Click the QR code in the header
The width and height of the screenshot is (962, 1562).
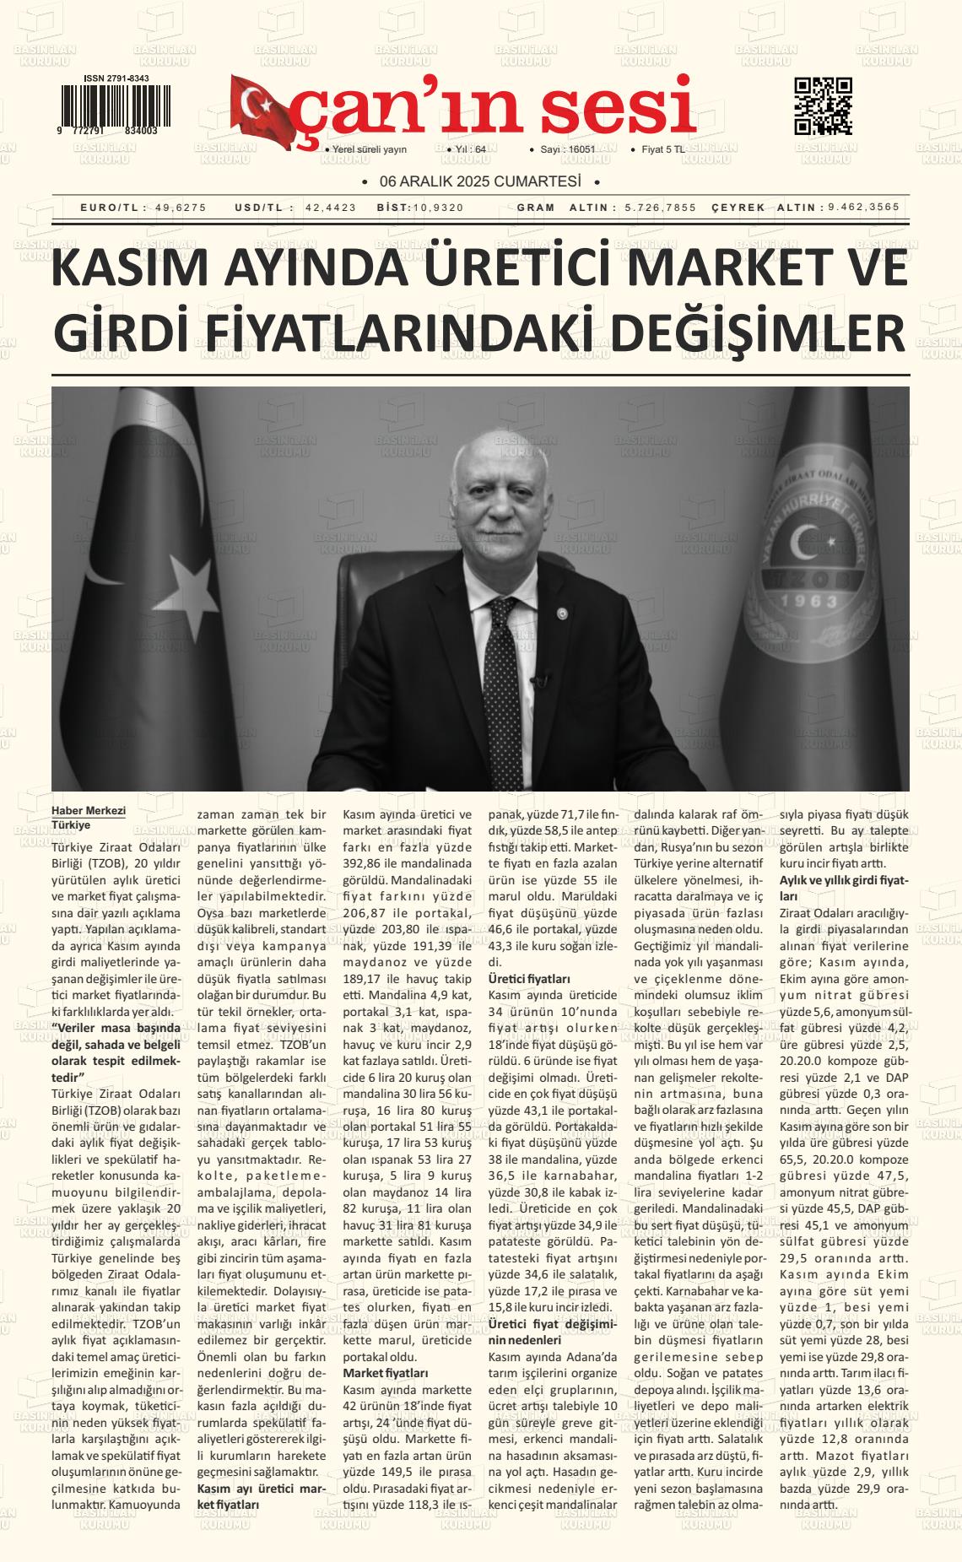coord(823,105)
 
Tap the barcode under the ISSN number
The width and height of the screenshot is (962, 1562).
coord(114,105)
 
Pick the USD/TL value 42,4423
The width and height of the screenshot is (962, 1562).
coord(331,208)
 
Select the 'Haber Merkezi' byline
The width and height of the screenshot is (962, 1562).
coord(89,811)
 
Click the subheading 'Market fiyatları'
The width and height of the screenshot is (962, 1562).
coord(386,1374)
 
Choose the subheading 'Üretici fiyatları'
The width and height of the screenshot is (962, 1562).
coord(530,979)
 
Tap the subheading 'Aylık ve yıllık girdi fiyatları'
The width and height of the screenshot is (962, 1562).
coord(843,888)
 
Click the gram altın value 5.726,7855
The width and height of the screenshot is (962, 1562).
coord(661,208)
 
